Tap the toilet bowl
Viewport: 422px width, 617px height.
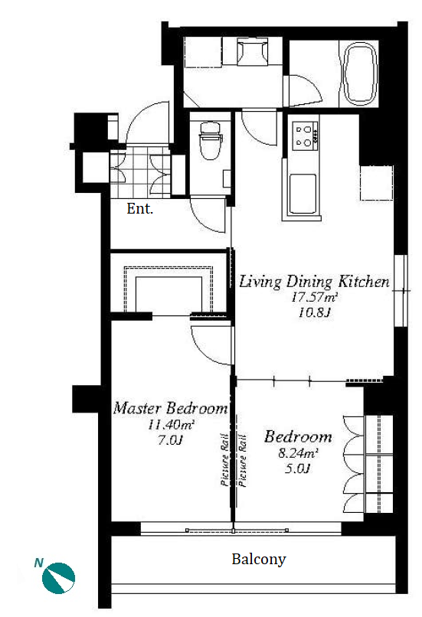(211, 141)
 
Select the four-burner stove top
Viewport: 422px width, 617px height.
(305, 135)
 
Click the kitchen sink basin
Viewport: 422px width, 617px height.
(303, 193)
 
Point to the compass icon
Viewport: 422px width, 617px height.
(59, 578)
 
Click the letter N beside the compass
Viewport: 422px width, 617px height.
(38, 563)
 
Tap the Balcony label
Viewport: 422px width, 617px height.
(259, 559)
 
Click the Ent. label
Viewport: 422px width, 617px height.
(139, 208)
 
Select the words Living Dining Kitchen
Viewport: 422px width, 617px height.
(314, 282)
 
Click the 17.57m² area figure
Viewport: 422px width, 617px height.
(314, 298)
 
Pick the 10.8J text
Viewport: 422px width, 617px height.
(313, 313)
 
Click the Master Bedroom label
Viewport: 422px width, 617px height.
(171, 408)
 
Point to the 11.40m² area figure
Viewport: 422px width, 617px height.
(172, 425)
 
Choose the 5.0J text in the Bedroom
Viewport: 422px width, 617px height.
(298, 468)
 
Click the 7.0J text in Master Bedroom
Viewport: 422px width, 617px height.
(171, 440)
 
